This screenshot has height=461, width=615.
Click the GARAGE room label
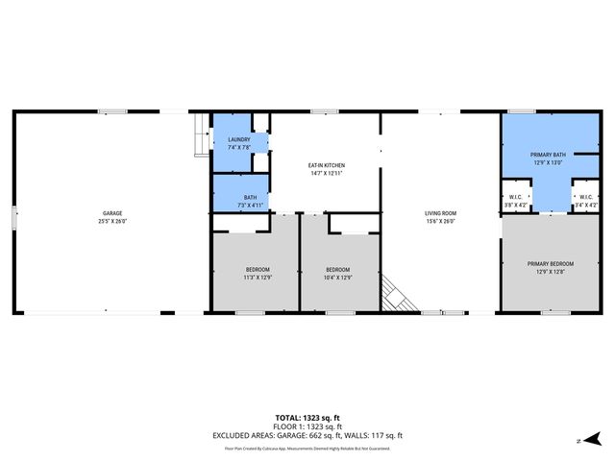click(112, 213)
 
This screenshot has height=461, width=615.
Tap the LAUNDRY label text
click(238, 139)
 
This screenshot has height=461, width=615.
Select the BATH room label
click(249, 197)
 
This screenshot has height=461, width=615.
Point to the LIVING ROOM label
click(440, 213)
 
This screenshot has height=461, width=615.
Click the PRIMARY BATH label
click(548, 155)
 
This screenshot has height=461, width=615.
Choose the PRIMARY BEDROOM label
click(550, 264)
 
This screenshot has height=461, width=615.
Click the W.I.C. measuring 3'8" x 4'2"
click(515, 206)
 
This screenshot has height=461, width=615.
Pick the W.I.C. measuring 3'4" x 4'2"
click(585, 206)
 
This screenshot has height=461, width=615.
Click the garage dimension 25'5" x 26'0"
click(112, 222)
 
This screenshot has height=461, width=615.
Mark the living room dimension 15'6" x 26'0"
click(440, 222)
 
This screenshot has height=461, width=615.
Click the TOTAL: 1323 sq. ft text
click(307, 418)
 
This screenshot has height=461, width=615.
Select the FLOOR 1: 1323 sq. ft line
click(307, 426)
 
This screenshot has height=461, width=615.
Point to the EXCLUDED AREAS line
click(307, 435)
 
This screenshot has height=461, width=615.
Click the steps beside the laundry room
click(200, 134)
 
